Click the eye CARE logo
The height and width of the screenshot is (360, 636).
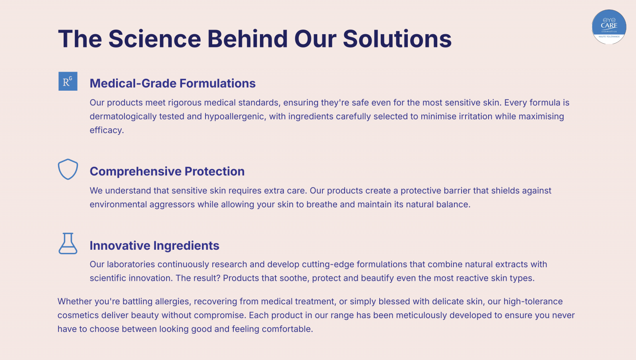click(609, 27)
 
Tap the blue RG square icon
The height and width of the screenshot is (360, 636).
click(68, 81)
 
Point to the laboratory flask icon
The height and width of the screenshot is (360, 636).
click(68, 243)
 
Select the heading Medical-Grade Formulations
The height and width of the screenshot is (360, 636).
click(173, 84)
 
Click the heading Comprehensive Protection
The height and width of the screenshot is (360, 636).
click(167, 171)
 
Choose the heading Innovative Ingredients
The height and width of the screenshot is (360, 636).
click(155, 245)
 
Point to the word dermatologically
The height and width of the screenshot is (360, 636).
click(123, 117)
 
